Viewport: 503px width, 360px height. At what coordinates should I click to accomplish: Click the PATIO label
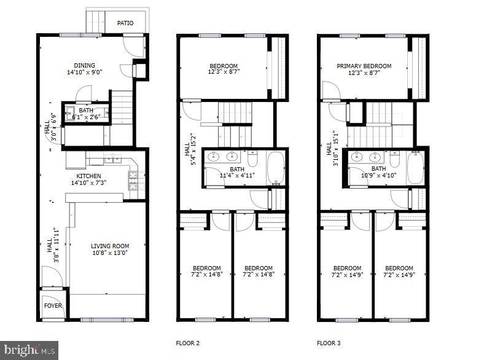point(125,23)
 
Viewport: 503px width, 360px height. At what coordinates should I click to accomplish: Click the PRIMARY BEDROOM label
point(364,66)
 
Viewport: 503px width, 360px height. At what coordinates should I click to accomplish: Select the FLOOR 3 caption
point(329,343)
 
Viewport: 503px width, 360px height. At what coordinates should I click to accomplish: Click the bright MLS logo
point(29,350)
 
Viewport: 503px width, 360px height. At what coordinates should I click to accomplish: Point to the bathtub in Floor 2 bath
point(276,167)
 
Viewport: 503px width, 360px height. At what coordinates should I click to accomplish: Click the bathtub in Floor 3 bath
point(416,167)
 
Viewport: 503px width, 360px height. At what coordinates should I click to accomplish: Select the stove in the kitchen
point(133,180)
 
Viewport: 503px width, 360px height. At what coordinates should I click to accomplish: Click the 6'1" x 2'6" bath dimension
point(86,117)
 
